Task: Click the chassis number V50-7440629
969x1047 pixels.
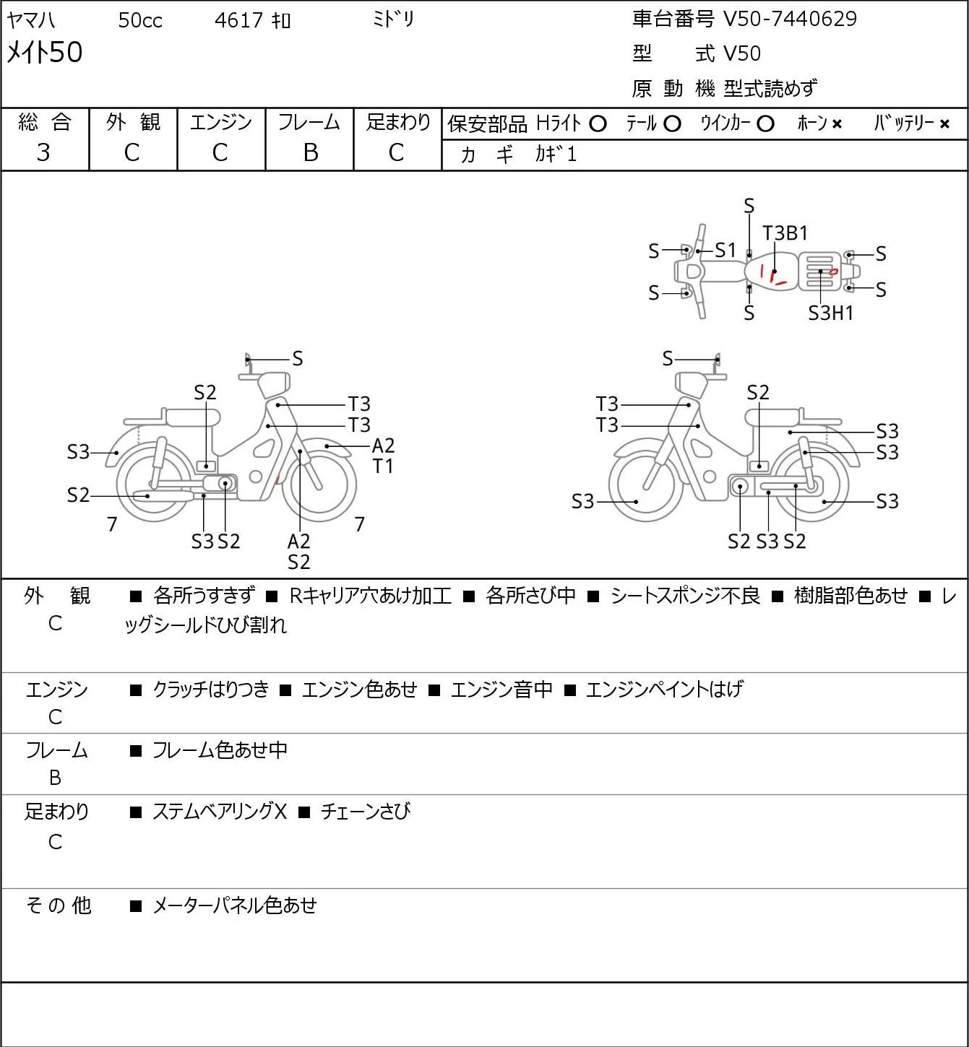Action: (x=790, y=19)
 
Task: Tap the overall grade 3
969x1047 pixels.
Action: (x=43, y=153)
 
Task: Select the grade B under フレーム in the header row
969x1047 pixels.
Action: (x=310, y=153)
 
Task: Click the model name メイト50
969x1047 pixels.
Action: (x=44, y=52)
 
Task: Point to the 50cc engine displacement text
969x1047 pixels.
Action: (x=140, y=20)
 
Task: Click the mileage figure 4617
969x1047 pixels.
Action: (x=238, y=20)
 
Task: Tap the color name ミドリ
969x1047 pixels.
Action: (x=393, y=19)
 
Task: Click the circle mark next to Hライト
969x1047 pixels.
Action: (x=598, y=124)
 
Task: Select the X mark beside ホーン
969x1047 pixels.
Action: (x=837, y=124)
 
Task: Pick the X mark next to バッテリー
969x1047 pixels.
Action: (x=944, y=124)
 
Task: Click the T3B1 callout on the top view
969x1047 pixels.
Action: (x=785, y=233)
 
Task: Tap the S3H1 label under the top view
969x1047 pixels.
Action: (x=831, y=313)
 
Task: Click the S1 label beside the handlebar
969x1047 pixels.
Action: (x=725, y=251)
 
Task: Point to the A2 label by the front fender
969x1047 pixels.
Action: (x=383, y=446)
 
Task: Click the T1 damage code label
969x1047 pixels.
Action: (x=383, y=466)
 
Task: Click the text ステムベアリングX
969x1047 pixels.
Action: (x=220, y=812)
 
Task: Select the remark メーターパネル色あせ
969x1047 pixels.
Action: (x=234, y=905)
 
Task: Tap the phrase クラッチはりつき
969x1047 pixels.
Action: (x=211, y=690)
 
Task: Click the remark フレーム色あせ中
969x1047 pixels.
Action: (x=220, y=750)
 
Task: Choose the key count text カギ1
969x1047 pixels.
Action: (x=555, y=155)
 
